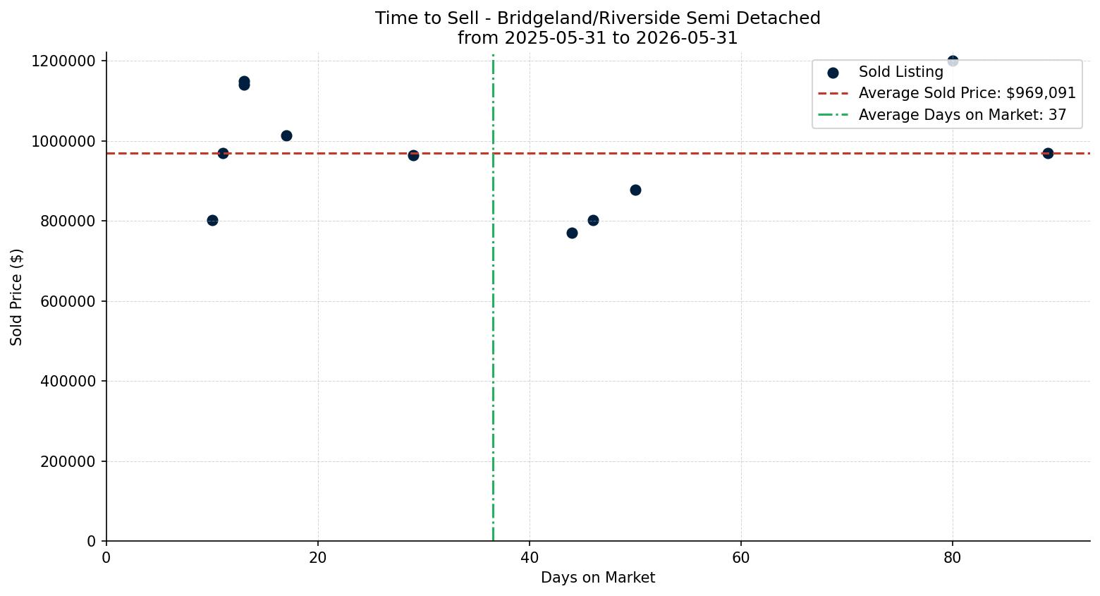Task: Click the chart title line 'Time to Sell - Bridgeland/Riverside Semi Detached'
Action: click(598, 18)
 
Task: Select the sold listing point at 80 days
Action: click(953, 61)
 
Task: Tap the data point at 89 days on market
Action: click(1048, 153)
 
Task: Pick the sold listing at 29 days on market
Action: click(413, 156)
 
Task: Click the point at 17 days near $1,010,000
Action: click(286, 135)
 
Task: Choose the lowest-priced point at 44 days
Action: click(572, 233)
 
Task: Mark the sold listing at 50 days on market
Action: click(635, 190)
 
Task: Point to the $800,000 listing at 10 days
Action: click(212, 220)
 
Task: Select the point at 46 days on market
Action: click(593, 220)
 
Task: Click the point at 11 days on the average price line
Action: click(223, 153)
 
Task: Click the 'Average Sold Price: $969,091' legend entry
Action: click(947, 93)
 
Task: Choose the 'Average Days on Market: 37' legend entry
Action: click(942, 115)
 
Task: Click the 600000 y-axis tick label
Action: click(68, 302)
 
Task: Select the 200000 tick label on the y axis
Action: click(68, 462)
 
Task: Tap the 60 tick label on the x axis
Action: click(741, 558)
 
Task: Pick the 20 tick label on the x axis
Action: click(318, 558)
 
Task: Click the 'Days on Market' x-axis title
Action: click(598, 578)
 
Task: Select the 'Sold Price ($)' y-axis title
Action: click(16, 297)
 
